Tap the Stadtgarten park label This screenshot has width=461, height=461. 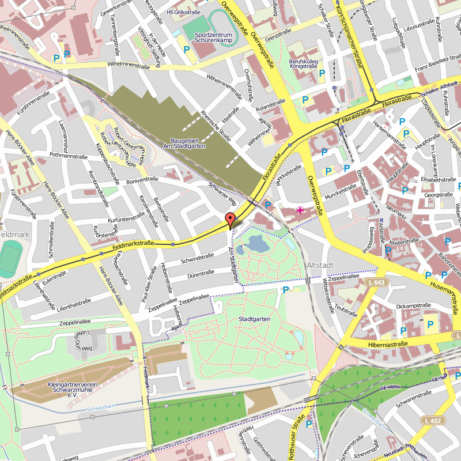tap(254, 319)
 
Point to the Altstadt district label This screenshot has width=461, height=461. tap(321, 264)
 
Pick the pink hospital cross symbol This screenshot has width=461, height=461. tap(300, 210)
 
